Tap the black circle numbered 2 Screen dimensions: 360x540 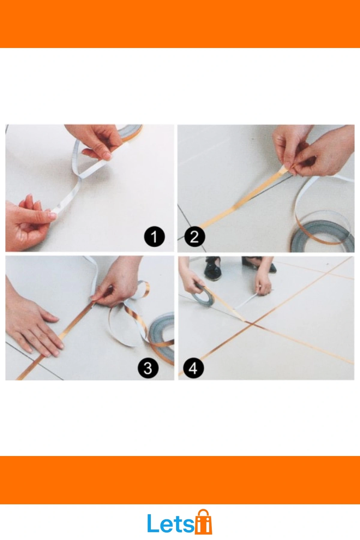(194, 237)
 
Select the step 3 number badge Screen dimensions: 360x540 (148, 368)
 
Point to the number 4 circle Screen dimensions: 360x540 (193, 368)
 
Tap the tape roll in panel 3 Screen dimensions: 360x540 (162, 333)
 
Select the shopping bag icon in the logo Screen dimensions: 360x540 (204, 522)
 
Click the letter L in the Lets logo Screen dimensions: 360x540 (153, 523)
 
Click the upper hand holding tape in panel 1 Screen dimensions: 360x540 (93, 141)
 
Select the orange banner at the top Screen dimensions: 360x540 (180, 24)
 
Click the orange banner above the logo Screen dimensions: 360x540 (180, 480)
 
